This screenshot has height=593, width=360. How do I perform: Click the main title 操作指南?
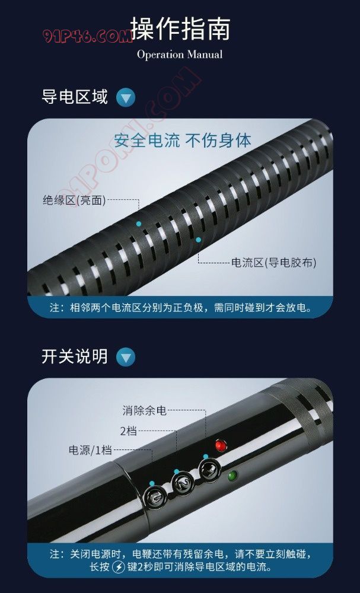click(180, 28)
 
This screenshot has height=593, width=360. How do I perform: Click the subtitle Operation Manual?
click(180, 55)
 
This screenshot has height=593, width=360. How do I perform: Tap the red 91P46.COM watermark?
click(87, 37)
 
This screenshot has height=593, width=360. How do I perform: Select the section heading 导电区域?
click(75, 97)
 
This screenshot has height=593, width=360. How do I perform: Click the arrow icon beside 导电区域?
click(126, 98)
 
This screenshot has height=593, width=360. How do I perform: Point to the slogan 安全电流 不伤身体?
click(183, 141)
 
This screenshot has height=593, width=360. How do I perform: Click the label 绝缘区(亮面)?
click(74, 200)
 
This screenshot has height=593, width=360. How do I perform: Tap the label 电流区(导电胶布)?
click(274, 263)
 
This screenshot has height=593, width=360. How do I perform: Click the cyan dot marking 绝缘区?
click(139, 224)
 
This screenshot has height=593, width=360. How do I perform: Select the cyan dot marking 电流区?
click(198, 240)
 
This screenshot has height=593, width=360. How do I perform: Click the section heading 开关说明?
click(75, 356)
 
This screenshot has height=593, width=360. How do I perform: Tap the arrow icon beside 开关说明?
click(126, 357)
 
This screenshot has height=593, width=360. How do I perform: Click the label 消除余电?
click(145, 410)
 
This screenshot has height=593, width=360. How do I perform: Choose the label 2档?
click(129, 431)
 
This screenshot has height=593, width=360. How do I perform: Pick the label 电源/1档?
click(90, 450)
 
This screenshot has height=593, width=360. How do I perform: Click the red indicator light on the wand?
click(221, 445)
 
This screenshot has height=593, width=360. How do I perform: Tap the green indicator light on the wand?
click(232, 476)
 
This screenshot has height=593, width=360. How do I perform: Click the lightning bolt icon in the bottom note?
click(119, 568)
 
